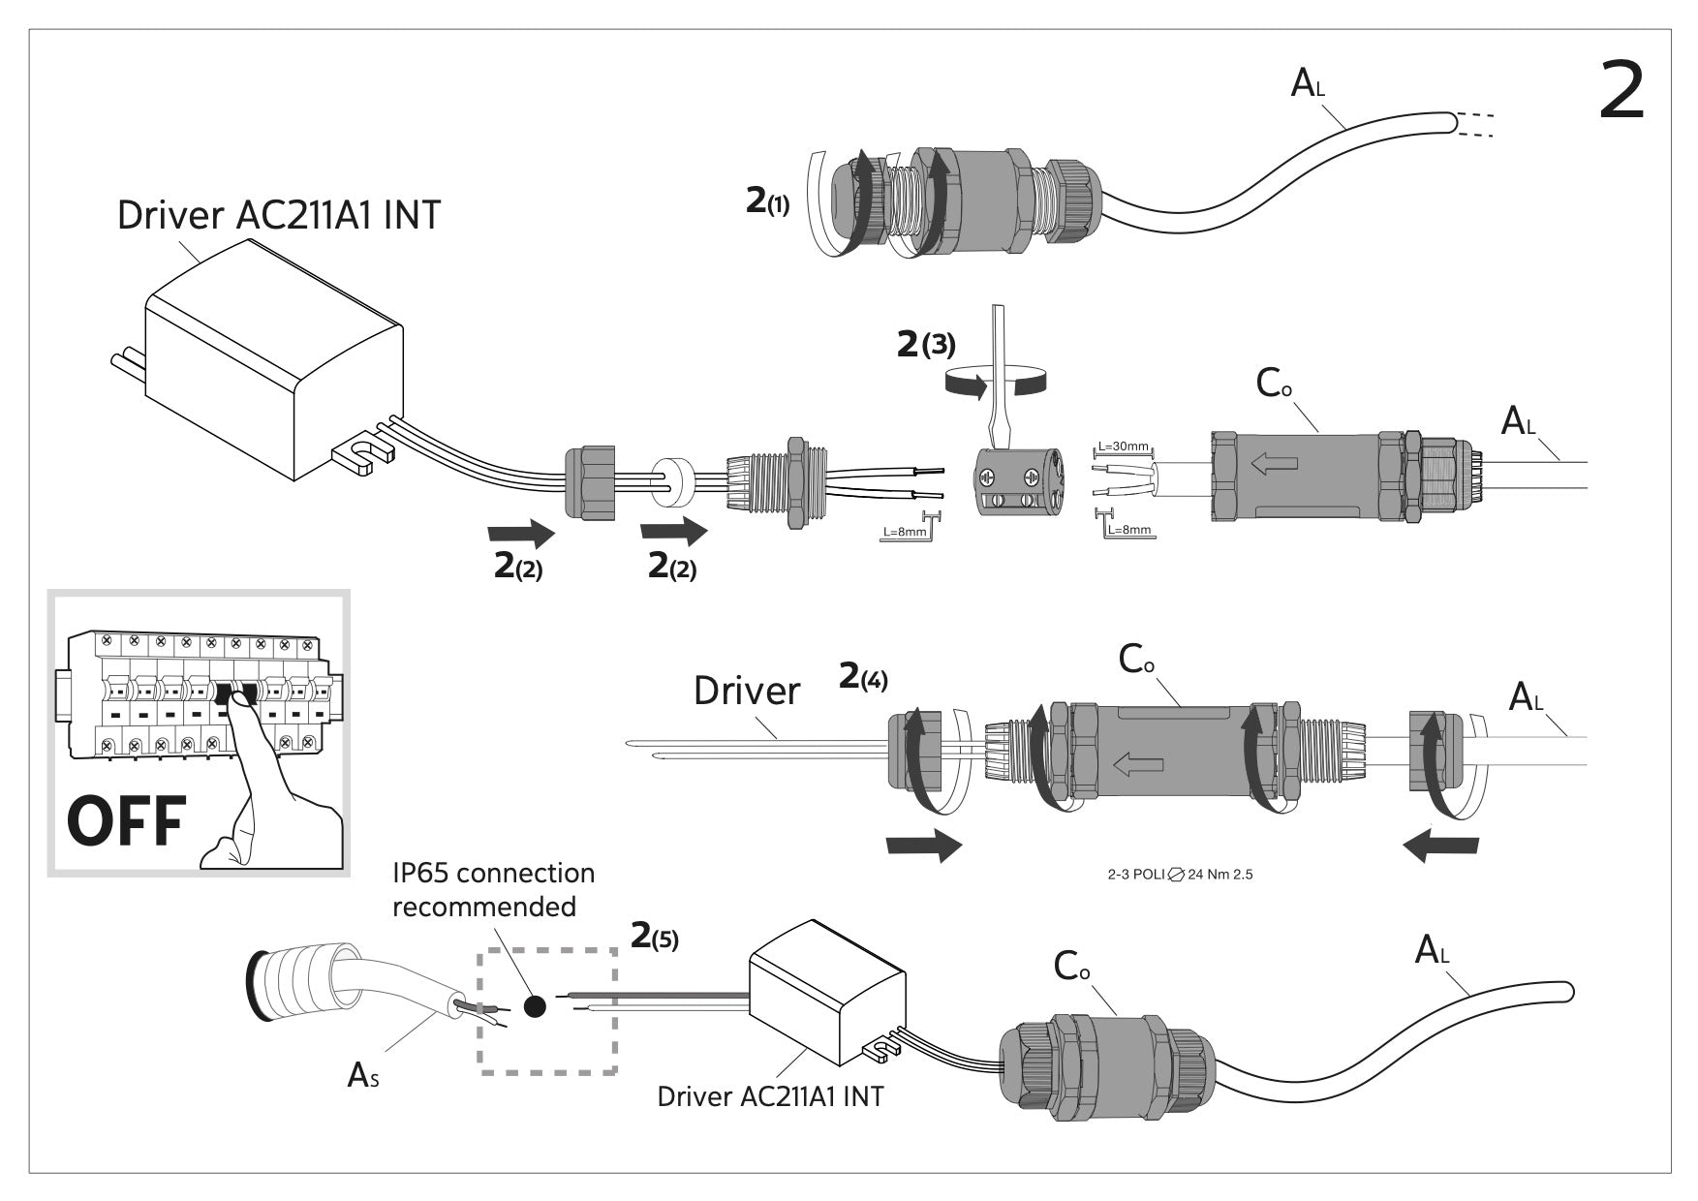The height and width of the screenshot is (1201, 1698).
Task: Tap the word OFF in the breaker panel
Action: (126, 821)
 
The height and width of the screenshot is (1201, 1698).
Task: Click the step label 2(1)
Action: (767, 201)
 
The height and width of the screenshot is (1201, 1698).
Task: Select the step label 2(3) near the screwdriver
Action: (926, 344)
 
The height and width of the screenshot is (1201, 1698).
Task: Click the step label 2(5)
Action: (655, 937)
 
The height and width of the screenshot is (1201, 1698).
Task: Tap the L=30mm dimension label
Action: (1123, 447)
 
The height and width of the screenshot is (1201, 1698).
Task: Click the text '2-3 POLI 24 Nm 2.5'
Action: (1180, 875)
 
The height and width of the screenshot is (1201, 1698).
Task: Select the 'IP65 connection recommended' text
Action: (493, 889)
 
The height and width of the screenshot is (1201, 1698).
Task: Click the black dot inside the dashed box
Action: (534, 1006)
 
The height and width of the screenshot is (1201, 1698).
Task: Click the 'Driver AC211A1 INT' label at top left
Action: (278, 215)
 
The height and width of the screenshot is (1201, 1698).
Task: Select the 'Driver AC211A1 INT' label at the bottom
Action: (770, 1096)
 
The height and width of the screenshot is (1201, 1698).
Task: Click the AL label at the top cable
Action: (1307, 84)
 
